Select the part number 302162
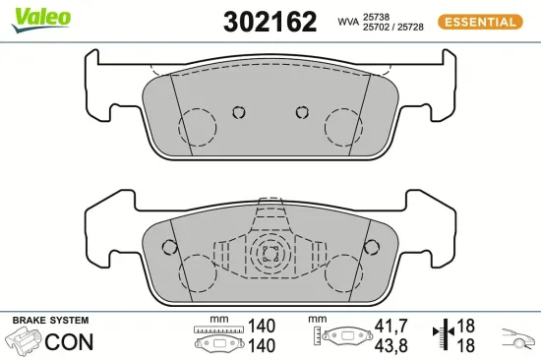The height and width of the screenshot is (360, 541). pos(270,21)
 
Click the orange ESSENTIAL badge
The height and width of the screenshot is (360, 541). pos(478,21)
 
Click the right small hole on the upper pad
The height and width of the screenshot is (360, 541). pos(302,111)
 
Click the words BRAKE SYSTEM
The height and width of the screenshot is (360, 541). pos(50,321)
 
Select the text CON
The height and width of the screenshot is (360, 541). pos(70,342)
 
